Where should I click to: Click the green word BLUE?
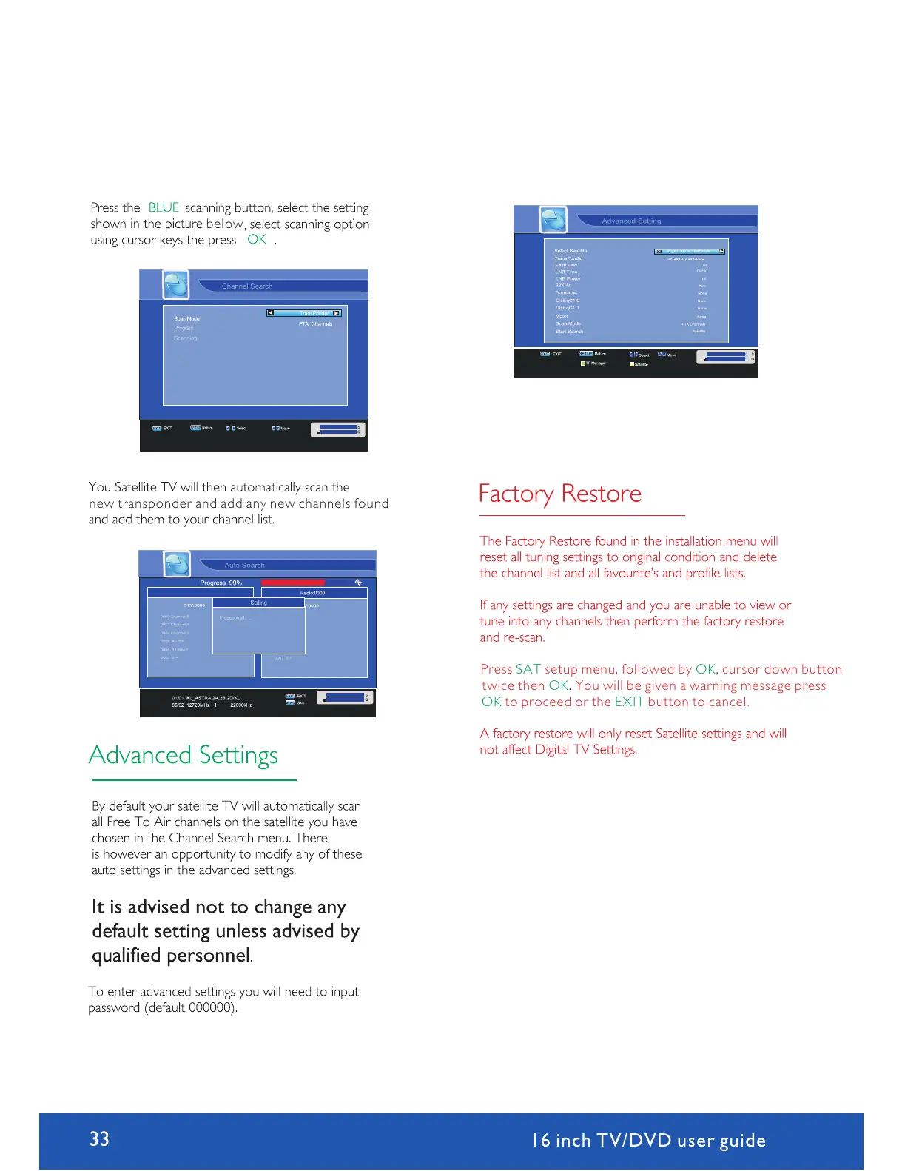click(x=164, y=208)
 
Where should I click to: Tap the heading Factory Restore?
click(x=559, y=494)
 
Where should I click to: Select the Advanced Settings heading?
click(x=184, y=755)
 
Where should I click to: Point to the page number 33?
click(x=100, y=1138)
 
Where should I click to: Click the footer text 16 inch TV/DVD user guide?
click(x=648, y=1141)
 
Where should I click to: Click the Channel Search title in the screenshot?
click(x=247, y=286)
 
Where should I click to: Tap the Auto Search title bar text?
click(x=244, y=566)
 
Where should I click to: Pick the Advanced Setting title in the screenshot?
click(x=631, y=221)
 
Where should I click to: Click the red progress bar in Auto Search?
click(x=293, y=583)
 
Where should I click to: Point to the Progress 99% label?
click(x=221, y=583)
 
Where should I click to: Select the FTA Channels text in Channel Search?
click(x=315, y=324)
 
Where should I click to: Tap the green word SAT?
click(x=528, y=669)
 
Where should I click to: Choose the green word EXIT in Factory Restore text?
click(x=629, y=702)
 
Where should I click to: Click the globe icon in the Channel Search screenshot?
click(x=176, y=285)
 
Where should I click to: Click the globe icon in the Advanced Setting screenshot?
click(x=553, y=220)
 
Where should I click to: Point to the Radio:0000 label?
click(x=312, y=593)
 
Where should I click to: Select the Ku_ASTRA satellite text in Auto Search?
click(x=206, y=698)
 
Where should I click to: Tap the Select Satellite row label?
click(x=571, y=251)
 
